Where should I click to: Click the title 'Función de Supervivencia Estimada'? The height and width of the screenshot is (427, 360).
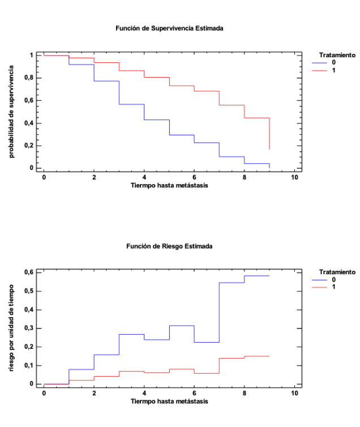point(170,28)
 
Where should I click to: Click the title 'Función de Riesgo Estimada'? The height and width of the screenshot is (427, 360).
point(170,246)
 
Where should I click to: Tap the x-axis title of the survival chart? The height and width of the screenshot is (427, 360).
point(169,185)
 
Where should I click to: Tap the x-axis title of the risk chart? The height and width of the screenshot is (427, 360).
point(169,402)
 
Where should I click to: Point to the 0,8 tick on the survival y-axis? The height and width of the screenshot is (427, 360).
point(28,78)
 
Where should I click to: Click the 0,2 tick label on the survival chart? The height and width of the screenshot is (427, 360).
point(28,146)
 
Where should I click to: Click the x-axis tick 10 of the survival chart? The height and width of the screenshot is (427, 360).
point(294,177)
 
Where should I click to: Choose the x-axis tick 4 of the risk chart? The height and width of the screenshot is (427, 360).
point(144,393)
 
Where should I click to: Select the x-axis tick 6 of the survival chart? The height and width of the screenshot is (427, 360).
point(194,177)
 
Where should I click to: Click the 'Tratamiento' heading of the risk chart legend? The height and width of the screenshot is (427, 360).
point(337,272)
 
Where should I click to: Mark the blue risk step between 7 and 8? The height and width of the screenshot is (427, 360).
point(232,283)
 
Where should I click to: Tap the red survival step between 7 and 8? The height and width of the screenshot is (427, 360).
point(232,105)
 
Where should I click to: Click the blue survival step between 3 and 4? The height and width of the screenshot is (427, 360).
point(131,104)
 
